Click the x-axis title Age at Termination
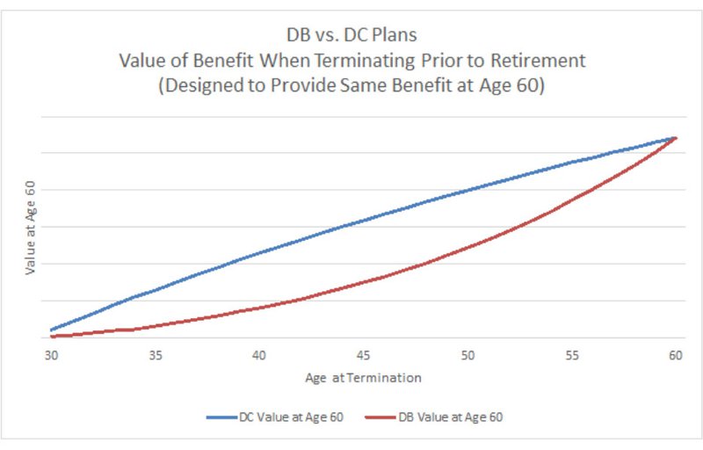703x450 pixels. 363,378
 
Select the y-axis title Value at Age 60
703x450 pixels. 31,229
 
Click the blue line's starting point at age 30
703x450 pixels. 53,330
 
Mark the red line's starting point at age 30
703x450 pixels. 53,337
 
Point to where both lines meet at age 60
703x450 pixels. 674,138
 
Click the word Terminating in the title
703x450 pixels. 369,63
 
